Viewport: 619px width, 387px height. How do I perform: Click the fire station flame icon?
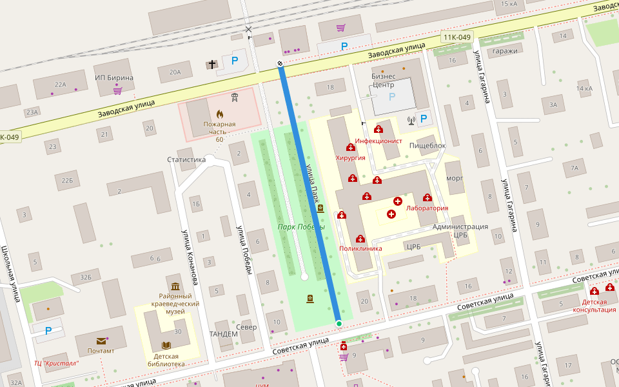[220, 114]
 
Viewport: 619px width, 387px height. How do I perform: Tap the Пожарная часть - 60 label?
[220, 132]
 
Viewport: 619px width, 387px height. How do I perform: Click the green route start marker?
[339, 323]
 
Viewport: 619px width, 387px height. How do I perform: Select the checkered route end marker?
[280, 63]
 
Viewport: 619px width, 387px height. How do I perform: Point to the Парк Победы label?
[301, 227]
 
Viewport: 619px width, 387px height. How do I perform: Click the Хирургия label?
[351, 157]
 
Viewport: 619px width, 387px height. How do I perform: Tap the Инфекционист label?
[379, 141]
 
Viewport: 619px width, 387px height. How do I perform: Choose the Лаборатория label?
[427, 208]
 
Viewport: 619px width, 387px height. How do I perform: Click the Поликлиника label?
[360, 248]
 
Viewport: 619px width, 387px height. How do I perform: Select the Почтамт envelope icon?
[101, 341]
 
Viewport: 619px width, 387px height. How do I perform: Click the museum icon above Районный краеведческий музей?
[175, 286]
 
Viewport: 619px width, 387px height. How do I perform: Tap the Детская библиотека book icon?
[166, 346]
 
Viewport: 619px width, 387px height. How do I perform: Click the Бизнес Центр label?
[383, 80]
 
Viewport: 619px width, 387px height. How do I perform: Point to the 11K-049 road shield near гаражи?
[457, 37]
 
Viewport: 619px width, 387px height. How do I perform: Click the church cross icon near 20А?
[212, 64]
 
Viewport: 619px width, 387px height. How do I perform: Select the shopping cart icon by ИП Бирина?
[117, 90]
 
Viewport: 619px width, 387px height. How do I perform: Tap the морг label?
[455, 177]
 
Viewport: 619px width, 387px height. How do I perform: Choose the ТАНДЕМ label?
[223, 333]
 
